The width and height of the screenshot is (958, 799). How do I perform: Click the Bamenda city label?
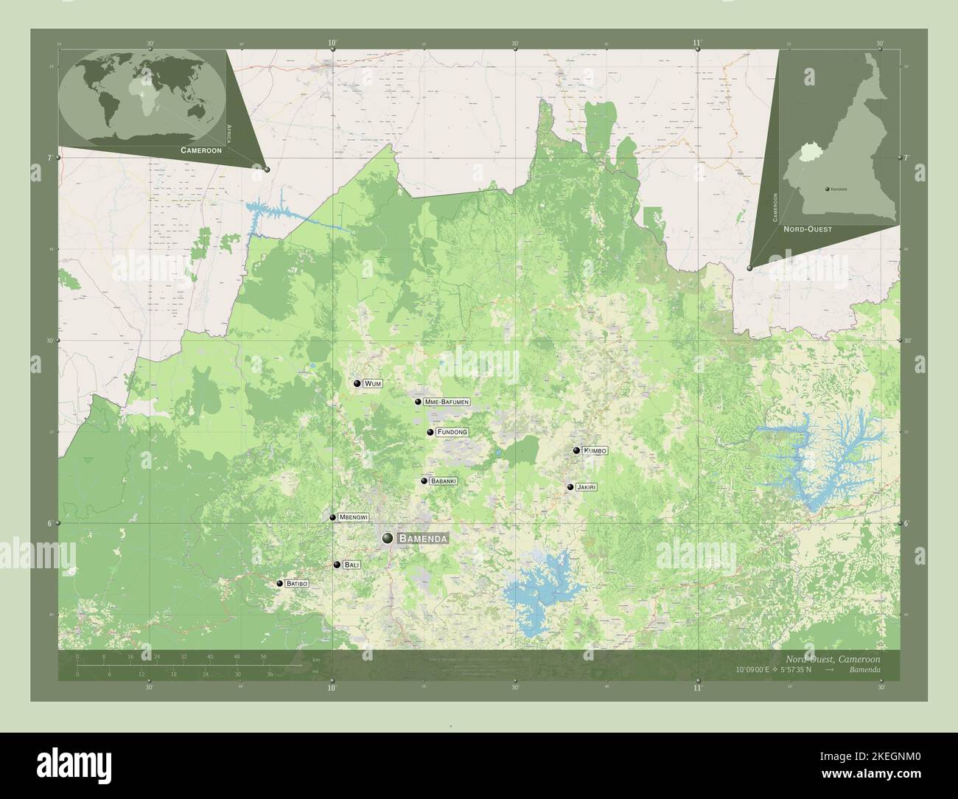coord(422,539)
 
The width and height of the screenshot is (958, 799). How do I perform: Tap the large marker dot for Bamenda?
coord(388,539)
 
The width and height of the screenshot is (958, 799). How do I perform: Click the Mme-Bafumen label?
coord(447,402)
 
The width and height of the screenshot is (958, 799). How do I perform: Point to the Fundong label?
coord(452,432)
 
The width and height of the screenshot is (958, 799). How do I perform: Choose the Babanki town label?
coord(444,481)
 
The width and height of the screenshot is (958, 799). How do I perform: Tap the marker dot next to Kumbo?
coord(576,450)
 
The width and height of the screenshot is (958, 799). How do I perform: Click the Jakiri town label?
coord(587,487)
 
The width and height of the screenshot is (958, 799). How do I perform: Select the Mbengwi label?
coord(353,517)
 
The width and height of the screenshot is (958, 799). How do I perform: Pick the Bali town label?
coord(352,565)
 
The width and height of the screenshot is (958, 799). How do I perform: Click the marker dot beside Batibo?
coord(280,583)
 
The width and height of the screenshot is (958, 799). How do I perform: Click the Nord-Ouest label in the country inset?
coord(808,229)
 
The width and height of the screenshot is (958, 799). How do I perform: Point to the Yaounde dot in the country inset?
coord(828,189)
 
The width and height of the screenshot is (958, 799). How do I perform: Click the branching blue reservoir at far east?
coord(822,457)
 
